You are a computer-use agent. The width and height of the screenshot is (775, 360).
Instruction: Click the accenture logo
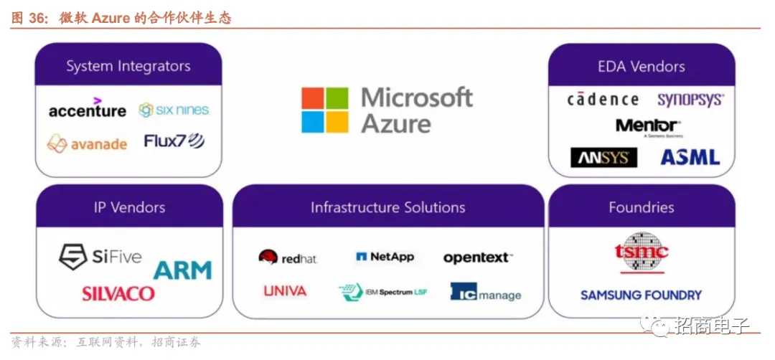87,110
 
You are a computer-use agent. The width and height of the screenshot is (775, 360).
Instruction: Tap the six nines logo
174,110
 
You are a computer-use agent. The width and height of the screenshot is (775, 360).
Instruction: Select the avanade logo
87,143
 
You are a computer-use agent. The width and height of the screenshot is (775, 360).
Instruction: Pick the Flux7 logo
174,141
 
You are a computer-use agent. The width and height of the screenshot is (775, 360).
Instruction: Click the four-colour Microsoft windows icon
324,110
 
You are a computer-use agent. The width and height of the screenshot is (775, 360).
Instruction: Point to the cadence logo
603,100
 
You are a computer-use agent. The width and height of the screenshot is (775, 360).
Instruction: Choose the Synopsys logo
690,100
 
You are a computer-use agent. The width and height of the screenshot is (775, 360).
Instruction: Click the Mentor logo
648,127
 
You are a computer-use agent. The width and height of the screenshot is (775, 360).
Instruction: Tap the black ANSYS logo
603,157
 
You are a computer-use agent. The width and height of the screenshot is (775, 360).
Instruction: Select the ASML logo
690,157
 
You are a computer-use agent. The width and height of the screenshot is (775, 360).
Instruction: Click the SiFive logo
100,256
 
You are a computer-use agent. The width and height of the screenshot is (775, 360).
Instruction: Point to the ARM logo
182,270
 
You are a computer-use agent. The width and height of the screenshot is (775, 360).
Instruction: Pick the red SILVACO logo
118,293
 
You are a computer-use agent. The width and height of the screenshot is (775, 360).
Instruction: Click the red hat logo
288,257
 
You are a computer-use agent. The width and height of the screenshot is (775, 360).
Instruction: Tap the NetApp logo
385,257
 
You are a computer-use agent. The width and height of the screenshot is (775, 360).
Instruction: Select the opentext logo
478,257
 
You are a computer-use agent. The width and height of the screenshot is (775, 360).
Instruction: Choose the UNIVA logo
285,291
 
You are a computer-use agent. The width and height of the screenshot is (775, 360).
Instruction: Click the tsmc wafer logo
641,252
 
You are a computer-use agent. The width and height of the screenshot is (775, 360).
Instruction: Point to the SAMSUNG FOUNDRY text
641,295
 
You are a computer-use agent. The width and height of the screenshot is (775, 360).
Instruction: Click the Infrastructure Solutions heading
387,208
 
